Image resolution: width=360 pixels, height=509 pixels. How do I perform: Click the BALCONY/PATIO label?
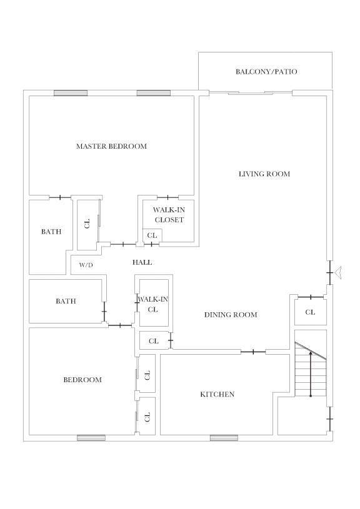pyautogui.click(x=266, y=72)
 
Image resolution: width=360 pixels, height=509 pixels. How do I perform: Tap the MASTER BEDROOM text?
pyautogui.click(x=111, y=146)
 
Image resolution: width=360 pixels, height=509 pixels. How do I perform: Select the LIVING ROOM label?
pyautogui.click(x=264, y=174)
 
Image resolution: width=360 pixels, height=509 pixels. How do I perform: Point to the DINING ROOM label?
pyautogui.click(x=231, y=315)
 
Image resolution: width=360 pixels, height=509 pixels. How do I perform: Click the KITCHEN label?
pyautogui.click(x=217, y=394)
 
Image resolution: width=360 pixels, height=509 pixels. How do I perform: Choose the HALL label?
pyautogui.click(x=142, y=262)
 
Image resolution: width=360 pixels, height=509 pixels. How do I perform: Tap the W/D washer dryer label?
pyautogui.click(x=86, y=265)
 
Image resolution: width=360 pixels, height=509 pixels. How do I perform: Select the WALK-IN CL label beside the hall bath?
pyautogui.click(x=152, y=304)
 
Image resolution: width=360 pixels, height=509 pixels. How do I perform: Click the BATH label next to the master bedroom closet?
pyautogui.click(x=51, y=232)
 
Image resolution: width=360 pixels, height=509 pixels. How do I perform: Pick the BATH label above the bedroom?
pyautogui.click(x=66, y=301)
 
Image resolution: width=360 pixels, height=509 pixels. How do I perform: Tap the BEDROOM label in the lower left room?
pyautogui.click(x=82, y=380)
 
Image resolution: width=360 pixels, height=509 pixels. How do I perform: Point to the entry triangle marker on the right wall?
pyautogui.click(x=339, y=272)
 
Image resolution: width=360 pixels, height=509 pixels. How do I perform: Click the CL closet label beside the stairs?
pyautogui.click(x=310, y=312)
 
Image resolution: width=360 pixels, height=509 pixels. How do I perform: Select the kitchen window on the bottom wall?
pyautogui.click(x=224, y=438)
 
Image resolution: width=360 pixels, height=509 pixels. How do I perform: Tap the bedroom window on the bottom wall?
pyautogui.click(x=91, y=438)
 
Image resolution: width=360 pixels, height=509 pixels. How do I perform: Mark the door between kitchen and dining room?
pyautogui.click(x=253, y=352)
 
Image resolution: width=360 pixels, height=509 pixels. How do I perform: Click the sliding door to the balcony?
pyautogui.click(x=250, y=93)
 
